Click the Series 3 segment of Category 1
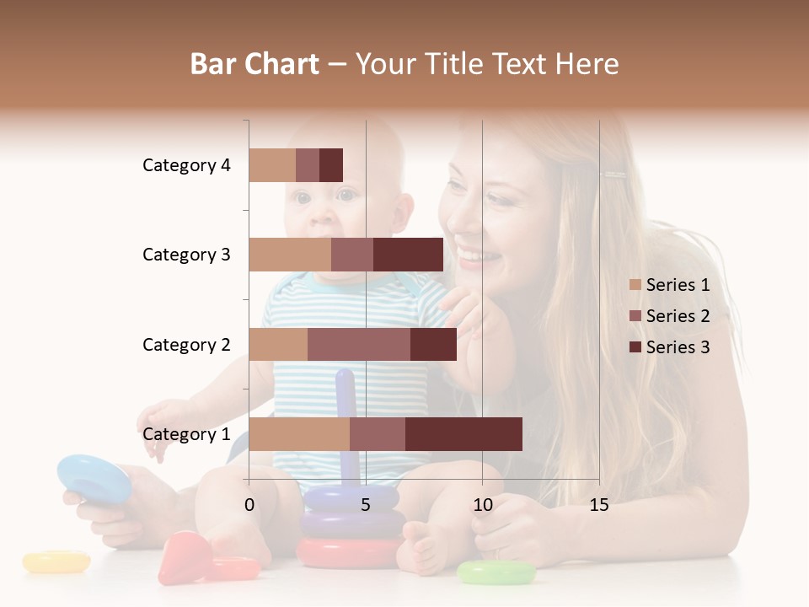tap(463, 434)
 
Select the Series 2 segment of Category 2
tap(359, 344)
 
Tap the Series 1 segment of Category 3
tap(290, 255)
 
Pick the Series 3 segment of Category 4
tap(331, 165)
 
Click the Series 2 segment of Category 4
tap(308, 165)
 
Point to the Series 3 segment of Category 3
tap(408, 255)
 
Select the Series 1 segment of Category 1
tap(299, 434)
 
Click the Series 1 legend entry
tap(669, 285)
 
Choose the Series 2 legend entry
tap(669, 316)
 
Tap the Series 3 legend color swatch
tap(635, 347)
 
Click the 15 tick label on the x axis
tap(598, 505)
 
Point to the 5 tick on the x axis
tap(366, 505)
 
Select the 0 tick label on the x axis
tap(249, 505)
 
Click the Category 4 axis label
tap(186, 165)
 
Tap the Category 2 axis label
tap(186, 344)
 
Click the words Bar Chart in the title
tap(254, 63)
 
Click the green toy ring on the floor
tap(496, 572)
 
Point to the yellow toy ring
tap(56, 561)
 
